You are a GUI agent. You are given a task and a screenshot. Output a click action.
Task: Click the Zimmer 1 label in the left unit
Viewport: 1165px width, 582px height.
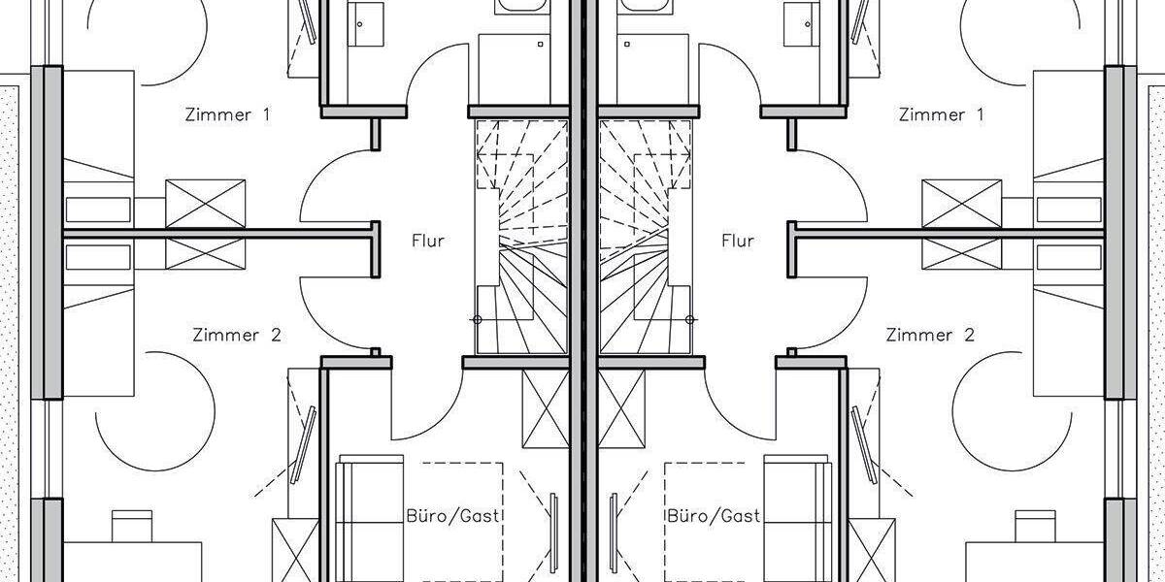228,114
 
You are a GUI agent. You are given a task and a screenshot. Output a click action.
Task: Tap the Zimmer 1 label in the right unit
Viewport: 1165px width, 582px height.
942,114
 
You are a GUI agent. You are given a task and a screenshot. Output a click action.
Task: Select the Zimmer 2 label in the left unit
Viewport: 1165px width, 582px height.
237,335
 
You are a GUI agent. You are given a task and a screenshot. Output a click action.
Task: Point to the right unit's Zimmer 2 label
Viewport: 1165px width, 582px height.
930,335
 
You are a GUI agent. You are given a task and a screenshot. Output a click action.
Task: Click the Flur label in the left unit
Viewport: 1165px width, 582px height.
428,241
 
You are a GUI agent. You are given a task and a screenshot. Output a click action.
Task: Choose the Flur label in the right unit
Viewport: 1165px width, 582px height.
738,241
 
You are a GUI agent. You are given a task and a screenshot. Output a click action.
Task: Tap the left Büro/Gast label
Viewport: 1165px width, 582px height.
452,516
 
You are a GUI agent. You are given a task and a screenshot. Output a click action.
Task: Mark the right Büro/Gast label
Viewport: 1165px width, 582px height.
714,516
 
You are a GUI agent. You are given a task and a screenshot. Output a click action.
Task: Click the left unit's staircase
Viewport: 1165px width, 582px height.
521,237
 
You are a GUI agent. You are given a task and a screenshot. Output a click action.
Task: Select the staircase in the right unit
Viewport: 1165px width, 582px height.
646,237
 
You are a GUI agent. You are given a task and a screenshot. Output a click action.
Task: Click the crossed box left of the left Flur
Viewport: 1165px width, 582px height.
206,224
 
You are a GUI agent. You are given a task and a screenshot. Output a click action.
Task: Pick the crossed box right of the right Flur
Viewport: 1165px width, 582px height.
962,224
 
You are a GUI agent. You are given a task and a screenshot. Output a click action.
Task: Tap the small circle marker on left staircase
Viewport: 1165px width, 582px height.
477,319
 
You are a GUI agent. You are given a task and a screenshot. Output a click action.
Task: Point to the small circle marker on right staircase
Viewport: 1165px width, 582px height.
690,319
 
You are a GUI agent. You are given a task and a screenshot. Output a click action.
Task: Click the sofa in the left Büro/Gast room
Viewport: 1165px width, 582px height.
369,519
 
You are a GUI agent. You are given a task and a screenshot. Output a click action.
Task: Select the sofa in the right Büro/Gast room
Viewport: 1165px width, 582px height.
798,519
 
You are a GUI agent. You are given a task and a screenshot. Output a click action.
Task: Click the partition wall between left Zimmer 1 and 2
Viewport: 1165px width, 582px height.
218,234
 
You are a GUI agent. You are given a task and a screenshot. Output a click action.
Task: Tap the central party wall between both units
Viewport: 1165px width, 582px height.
583,291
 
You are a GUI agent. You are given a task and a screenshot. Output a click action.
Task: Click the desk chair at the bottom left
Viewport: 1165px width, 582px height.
132,526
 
